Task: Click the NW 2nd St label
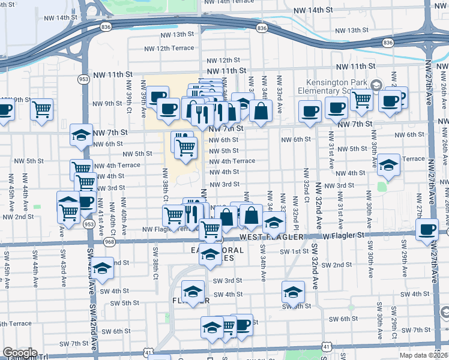17,217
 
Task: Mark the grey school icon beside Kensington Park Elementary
376,85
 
